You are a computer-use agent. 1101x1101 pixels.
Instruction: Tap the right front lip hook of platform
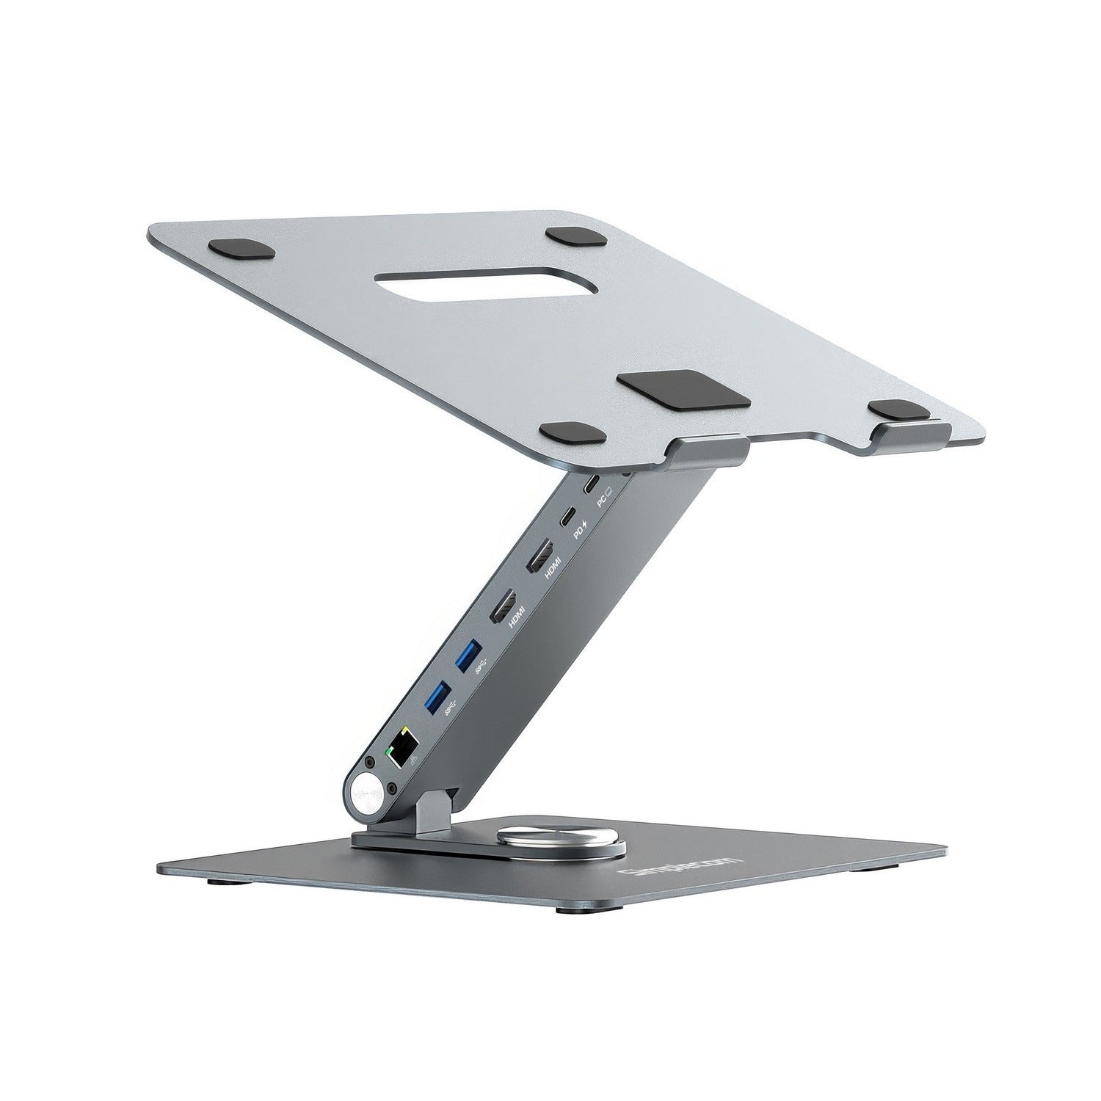tap(907, 433)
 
